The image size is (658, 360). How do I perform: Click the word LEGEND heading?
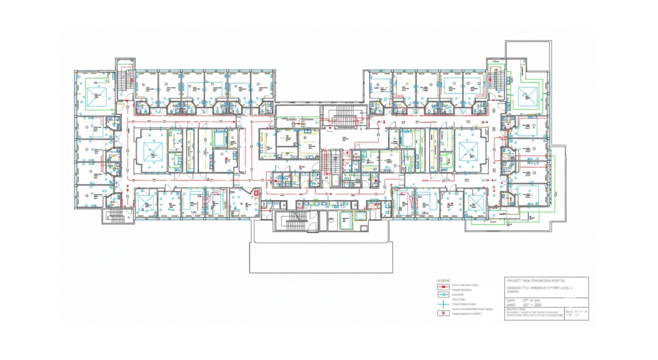(x=443, y=280)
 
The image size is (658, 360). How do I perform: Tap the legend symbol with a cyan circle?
(x=443, y=295)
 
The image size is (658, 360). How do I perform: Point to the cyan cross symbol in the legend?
(x=443, y=304)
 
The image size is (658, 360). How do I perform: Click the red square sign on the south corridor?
(x=255, y=192)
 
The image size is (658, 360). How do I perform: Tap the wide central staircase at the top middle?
(x=344, y=120)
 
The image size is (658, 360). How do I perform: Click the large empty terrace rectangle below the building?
(x=321, y=257)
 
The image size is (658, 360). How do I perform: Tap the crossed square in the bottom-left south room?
(x=145, y=204)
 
